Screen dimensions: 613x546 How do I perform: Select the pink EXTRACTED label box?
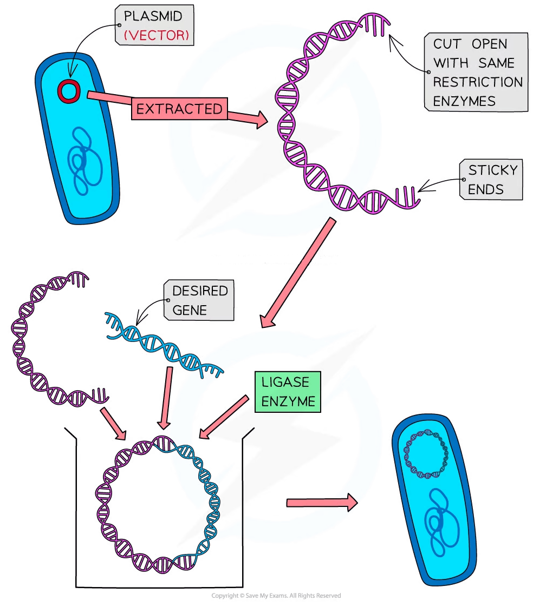(x=179, y=109)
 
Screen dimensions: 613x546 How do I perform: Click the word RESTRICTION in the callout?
(x=478, y=82)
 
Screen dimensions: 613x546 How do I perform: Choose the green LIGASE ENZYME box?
(x=285, y=391)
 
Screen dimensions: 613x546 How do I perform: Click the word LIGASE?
(x=285, y=382)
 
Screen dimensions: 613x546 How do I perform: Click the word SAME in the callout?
(x=496, y=63)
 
